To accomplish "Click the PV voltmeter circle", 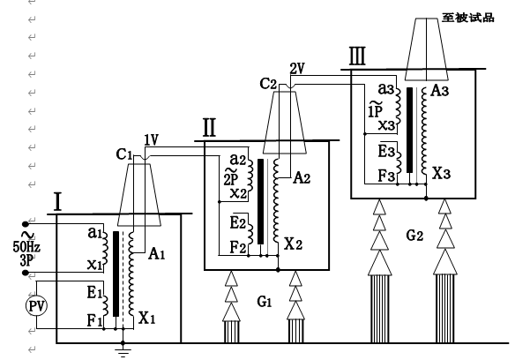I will click(x=36, y=305).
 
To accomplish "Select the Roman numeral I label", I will click(x=56, y=201).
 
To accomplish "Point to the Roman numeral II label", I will click(x=209, y=129).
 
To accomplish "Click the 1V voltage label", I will click(x=151, y=139).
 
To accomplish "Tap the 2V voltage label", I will click(x=297, y=69).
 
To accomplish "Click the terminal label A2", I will click(x=301, y=177).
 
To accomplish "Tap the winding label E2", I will click(x=237, y=221).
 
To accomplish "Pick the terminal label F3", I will click(x=384, y=174).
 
